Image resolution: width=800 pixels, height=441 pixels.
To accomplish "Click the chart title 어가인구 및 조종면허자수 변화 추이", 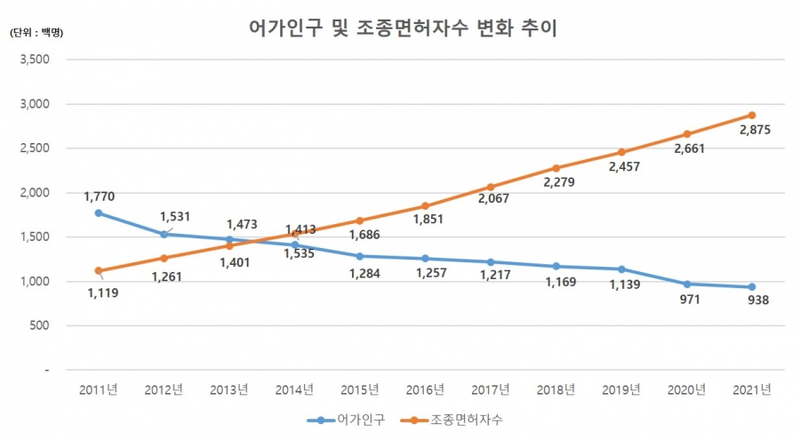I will [x=402, y=28].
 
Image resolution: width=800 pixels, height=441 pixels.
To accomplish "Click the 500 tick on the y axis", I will [x=39, y=325].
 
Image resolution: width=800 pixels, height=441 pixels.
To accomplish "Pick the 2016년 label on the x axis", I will [x=425, y=389].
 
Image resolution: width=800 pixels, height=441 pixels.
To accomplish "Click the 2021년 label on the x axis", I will [x=751, y=389].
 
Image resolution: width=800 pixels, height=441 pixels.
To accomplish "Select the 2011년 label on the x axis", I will [x=99, y=389].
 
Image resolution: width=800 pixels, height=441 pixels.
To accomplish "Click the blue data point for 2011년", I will [x=99, y=213].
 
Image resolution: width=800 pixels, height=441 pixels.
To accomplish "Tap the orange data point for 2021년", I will [x=751, y=115].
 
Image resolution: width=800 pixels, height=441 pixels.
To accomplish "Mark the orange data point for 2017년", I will [x=490, y=187].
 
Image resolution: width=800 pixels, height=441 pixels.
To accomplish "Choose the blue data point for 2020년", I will [x=686, y=284].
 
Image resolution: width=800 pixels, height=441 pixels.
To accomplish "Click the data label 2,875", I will [x=754, y=130].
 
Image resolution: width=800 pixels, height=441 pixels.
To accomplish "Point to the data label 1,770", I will [x=100, y=196].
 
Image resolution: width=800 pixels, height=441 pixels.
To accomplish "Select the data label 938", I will [x=757, y=300].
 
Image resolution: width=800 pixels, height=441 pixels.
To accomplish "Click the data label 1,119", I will [x=105, y=291].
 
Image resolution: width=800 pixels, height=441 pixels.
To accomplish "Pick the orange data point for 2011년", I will [x=99, y=270].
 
